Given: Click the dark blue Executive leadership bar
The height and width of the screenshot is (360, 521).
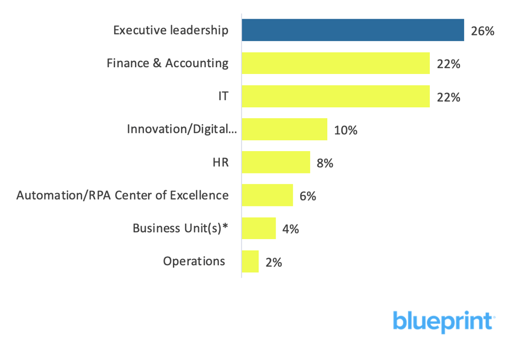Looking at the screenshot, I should (353, 30).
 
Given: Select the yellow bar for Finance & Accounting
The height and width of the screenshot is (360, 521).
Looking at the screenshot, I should (336, 64).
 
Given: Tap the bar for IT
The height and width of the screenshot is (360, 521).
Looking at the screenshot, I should (336, 96).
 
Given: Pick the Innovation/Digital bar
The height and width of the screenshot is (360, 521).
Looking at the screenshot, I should (284, 129).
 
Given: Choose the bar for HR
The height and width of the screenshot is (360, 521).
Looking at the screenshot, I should (276, 163).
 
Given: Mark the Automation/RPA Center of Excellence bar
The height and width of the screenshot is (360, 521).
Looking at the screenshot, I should (267, 195).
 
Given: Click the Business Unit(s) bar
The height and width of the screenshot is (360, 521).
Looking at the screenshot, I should (258, 228).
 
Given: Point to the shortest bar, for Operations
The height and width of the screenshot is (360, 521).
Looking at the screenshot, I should (250, 262).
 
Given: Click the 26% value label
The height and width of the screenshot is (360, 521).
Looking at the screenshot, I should (482, 31).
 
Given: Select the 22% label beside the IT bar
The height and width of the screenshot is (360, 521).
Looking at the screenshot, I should (448, 97).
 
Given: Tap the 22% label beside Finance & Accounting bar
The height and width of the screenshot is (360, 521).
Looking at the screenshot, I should (448, 65).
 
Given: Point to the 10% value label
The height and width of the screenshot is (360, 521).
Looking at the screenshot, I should (345, 130).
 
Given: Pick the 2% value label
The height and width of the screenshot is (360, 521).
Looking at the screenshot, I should (274, 263).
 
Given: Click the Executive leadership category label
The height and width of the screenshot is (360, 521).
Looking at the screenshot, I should (170, 30).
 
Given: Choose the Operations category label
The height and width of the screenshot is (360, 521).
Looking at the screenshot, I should (194, 261).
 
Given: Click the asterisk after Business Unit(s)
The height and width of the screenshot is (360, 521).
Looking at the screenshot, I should (225, 227).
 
